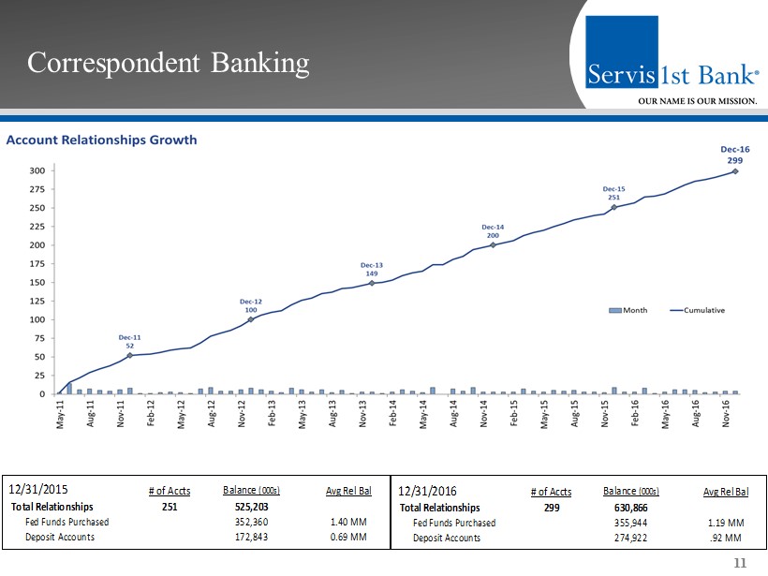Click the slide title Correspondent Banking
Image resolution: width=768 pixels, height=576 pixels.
coord(168,63)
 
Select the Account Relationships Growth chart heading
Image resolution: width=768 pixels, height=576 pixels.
coord(102,140)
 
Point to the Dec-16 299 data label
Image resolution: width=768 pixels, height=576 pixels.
coord(734,155)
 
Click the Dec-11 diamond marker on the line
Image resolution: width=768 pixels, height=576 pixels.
coord(130,355)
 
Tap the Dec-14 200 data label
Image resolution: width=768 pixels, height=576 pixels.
coord(493,231)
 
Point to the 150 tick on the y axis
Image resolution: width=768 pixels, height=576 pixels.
coord(38,282)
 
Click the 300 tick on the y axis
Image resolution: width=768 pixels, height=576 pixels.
coord(38,170)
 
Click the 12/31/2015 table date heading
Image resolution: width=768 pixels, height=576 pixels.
coord(38,488)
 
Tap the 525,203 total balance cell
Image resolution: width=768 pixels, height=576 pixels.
coord(252,507)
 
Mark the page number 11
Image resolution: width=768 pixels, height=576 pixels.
coord(741,563)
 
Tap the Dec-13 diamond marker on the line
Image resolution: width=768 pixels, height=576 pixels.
coord(372,282)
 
